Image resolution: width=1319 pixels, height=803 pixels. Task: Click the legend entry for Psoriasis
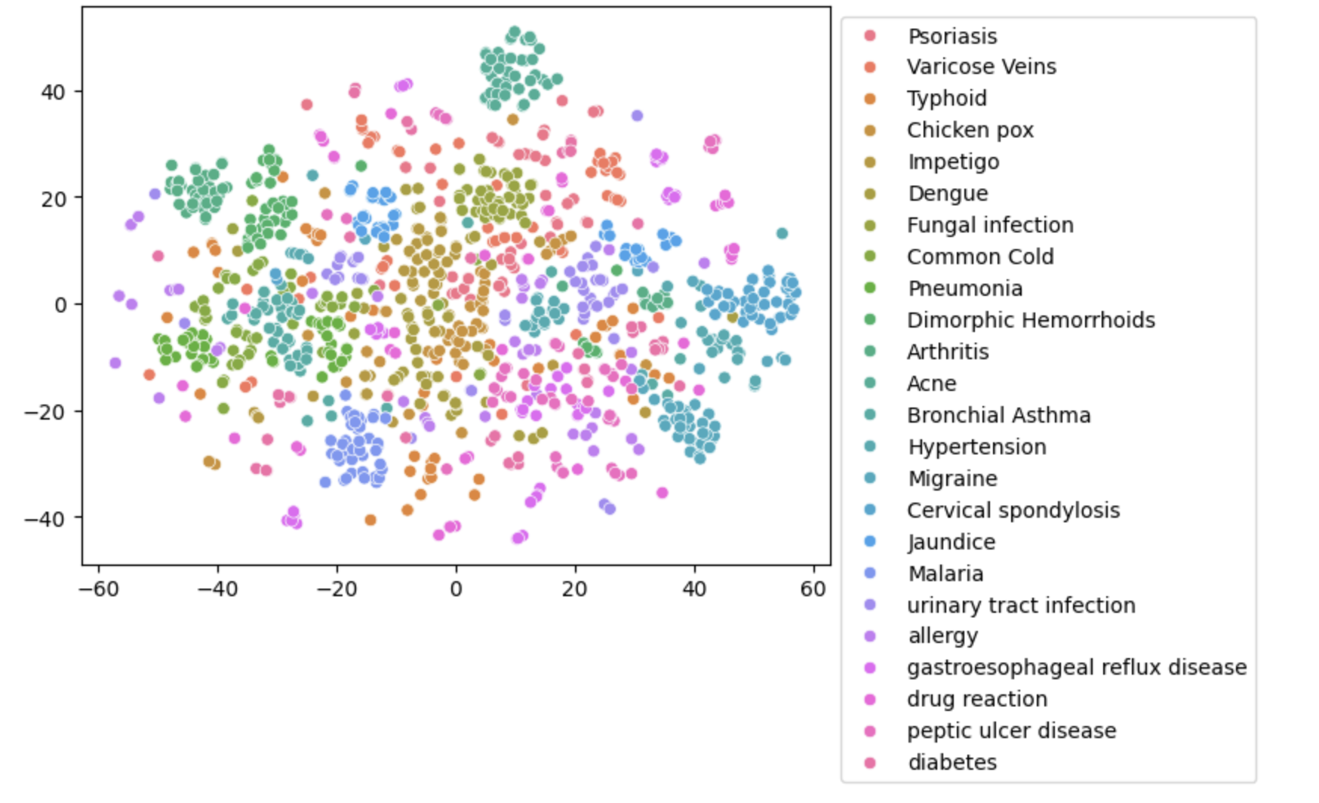[x=952, y=36]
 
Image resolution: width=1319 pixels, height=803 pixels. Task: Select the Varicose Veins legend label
[x=981, y=67]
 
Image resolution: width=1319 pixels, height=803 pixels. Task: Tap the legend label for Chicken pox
[x=970, y=131]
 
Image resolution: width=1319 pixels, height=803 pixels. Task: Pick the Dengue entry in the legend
[x=948, y=194]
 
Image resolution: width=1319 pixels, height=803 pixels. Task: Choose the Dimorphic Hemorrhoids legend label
[x=1031, y=321]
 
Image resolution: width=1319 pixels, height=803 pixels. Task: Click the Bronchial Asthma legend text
[x=998, y=416]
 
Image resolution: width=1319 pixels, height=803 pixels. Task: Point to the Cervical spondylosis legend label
[x=1013, y=511]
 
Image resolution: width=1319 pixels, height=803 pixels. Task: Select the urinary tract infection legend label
[x=1021, y=606]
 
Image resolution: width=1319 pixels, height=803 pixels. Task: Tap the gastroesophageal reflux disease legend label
[x=1077, y=668]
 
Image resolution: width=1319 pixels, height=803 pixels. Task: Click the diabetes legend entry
[x=952, y=763]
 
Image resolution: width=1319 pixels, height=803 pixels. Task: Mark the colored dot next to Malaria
[x=870, y=574]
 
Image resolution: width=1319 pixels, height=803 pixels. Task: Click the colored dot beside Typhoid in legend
[x=870, y=99]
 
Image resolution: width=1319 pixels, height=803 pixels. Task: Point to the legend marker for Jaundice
[x=870, y=542]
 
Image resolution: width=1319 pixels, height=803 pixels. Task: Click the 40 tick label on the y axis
[x=53, y=92]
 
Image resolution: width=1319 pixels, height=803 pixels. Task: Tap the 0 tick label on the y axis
[x=60, y=305]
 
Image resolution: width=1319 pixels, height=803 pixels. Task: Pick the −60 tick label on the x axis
[x=98, y=589]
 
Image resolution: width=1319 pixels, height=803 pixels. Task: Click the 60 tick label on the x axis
[x=813, y=589]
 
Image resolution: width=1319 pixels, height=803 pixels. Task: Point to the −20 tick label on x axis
[x=337, y=589]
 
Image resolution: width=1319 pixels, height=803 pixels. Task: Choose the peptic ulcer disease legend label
[x=1011, y=731]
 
